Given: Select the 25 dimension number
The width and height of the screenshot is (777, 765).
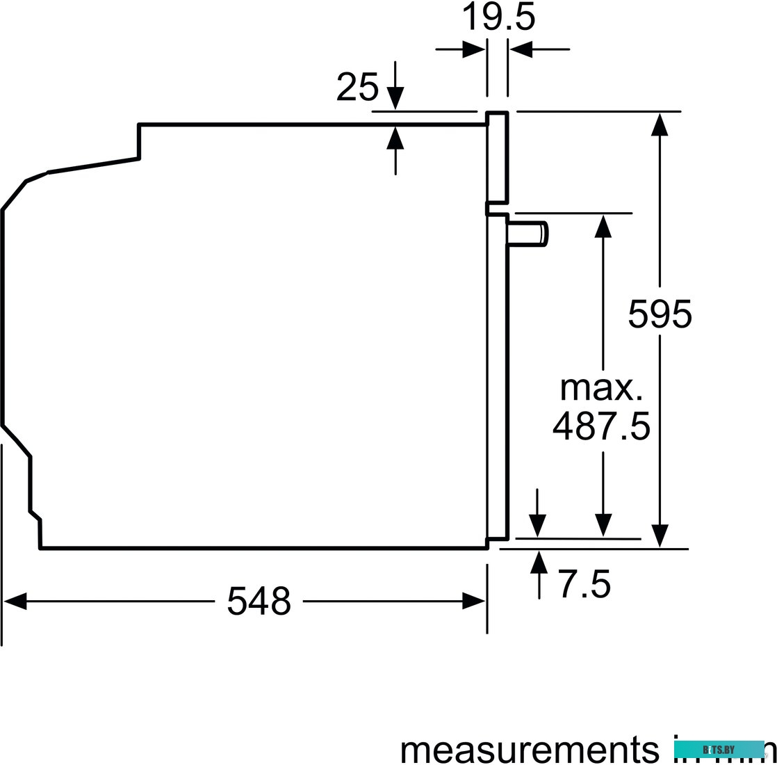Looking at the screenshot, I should [357, 88].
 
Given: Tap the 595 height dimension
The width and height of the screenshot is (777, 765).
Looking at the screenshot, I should [660, 314].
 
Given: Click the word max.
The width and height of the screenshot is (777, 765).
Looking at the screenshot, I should [601, 388].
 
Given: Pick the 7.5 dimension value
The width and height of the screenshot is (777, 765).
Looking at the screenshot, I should [584, 584].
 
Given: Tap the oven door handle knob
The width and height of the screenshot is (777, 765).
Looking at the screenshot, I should [529, 232].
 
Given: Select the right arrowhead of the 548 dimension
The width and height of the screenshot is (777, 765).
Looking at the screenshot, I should [474, 602].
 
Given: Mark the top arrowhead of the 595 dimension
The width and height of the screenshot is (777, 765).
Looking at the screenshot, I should [660, 124].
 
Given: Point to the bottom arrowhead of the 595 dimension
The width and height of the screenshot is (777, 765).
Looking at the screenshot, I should [660, 535].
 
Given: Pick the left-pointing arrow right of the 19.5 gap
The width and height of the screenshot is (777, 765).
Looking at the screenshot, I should [521, 49].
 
